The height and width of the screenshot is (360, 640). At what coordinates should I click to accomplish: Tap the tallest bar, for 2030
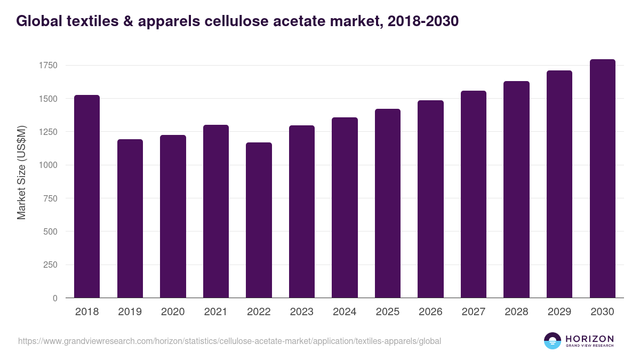click(x=602, y=179)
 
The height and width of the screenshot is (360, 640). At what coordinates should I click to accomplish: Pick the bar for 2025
click(x=388, y=203)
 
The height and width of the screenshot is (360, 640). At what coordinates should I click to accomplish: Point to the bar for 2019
click(x=130, y=218)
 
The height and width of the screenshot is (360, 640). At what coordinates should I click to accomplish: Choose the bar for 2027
click(x=474, y=194)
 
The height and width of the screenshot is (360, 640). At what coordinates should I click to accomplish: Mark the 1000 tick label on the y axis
click(x=48, y=165)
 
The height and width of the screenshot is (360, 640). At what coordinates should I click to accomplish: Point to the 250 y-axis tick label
click(x=50, y=265)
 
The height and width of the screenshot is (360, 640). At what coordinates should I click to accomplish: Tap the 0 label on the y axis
click(x=55, y=298)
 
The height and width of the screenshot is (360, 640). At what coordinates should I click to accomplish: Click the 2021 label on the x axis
click(x=215, y=312)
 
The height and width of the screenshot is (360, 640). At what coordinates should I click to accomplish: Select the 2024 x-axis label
click(x=345, y=312)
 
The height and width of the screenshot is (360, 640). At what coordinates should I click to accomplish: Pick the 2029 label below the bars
click(x=559, y=312)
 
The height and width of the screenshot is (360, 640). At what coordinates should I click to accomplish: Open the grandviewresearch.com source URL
click(x=229, y=341)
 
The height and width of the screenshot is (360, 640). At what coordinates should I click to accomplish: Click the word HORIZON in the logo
click(x=589, y=339)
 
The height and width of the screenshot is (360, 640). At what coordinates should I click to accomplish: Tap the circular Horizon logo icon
click(x=553, y=341)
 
